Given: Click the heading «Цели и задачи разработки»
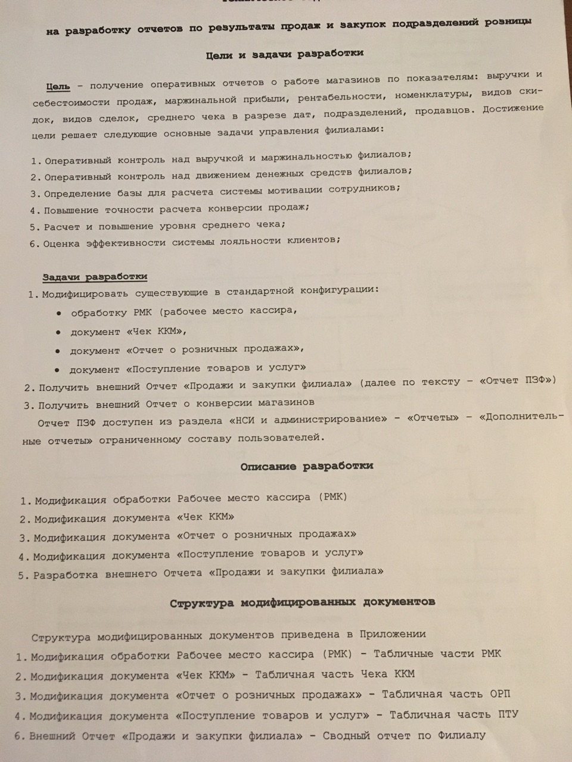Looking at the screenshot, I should (285, 54).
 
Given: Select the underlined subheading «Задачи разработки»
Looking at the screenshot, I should (95, 277).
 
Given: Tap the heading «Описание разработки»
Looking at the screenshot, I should (307, 466).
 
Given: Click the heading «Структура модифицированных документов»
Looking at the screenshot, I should (302, 602).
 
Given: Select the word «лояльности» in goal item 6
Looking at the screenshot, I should (250, 241).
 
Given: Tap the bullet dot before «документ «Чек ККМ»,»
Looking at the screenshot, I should (58, 332).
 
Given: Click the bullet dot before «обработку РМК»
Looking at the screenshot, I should (59, 313).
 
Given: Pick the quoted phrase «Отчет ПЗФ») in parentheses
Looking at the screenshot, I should (518, 380).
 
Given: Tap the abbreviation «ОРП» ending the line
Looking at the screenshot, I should (499, 694).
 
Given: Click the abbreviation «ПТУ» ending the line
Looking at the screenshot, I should (506, 714).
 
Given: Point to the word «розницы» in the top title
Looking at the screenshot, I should (506, 22).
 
